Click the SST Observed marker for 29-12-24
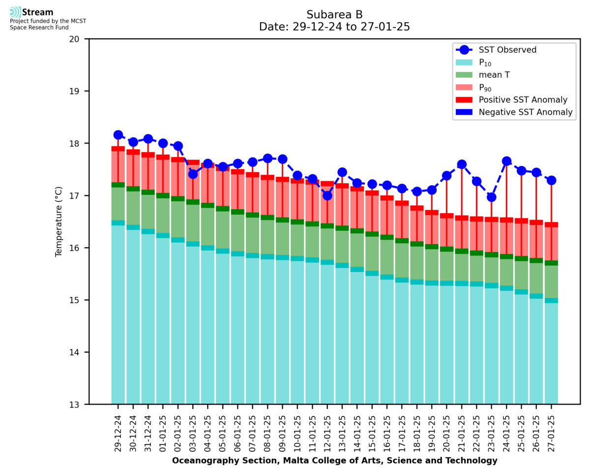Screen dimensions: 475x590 [118, 135]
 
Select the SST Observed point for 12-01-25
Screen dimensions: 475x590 [327, 196]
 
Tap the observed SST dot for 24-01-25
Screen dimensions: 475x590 [506, 161]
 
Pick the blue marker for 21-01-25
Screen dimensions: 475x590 [462, 165]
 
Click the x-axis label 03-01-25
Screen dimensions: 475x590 [193, 433]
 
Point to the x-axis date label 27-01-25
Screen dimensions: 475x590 [551, 433]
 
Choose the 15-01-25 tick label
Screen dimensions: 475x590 [372, 433]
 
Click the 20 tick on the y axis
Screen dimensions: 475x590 [79, 39]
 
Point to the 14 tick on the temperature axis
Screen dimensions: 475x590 [79, 352]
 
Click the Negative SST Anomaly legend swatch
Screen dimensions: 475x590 [464, 112]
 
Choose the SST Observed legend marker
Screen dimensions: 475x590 [464, 50]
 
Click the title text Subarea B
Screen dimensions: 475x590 [334, 14]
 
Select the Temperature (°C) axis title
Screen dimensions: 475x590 [59, 221]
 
